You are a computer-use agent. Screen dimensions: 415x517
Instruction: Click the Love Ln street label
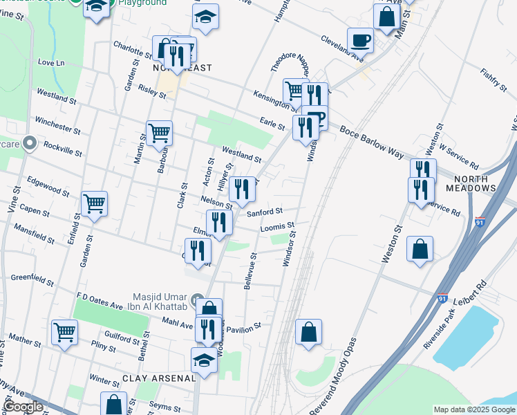(51, 63)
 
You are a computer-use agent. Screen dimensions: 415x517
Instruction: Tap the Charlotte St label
(132, 48)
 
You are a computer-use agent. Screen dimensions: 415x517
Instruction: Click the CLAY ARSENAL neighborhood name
(156, 378)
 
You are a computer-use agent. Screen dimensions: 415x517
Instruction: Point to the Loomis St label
(278, 226)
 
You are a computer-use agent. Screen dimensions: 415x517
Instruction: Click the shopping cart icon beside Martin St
(160, 131)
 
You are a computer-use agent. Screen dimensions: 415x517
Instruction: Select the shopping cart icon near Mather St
(64, 332)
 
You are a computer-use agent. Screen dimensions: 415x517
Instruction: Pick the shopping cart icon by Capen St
(94, 203)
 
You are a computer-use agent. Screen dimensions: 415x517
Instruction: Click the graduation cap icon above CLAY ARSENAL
(204, 360)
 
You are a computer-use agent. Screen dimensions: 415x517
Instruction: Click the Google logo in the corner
(23, 407)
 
